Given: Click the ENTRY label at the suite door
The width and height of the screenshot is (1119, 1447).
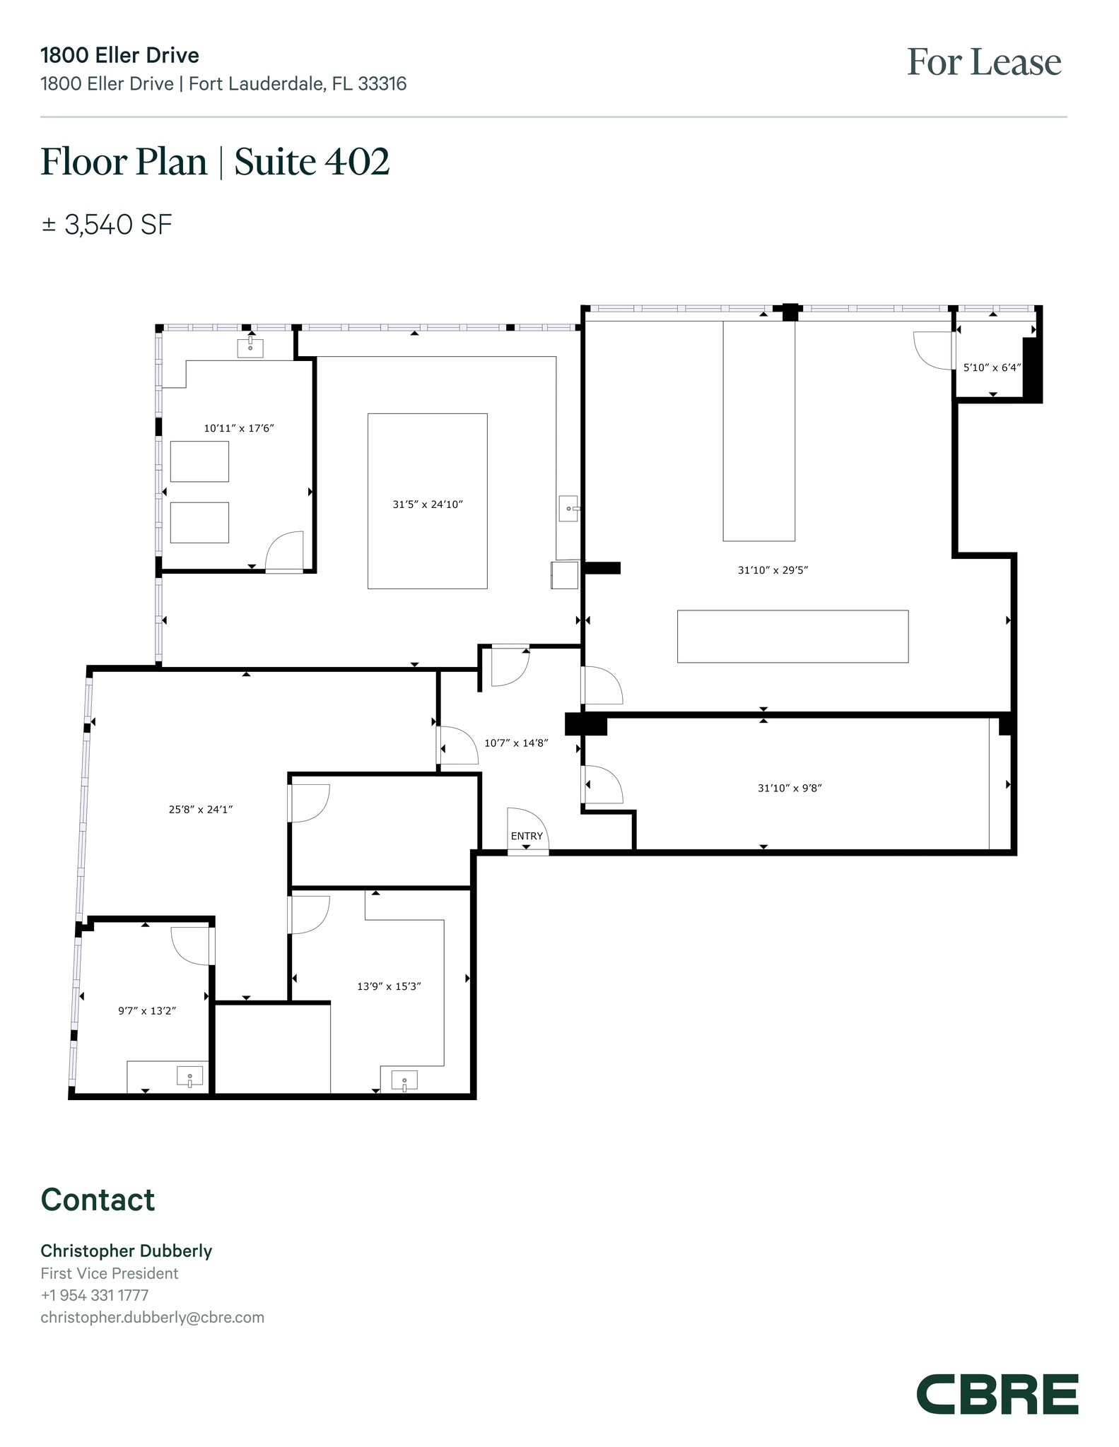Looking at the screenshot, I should coord(527,836).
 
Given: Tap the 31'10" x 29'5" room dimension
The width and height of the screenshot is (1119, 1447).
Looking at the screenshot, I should coord(773,570).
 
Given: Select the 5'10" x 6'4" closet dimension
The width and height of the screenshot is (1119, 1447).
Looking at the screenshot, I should coord(992,367).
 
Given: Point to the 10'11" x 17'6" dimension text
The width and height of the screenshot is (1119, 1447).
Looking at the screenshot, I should coord(238,428).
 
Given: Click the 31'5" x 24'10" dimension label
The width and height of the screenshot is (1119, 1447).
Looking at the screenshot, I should coord(428,504).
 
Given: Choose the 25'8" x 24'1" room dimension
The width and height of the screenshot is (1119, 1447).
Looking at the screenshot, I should coord(201,810).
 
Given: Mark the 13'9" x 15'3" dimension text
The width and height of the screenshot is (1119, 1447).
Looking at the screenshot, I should coord(389,986).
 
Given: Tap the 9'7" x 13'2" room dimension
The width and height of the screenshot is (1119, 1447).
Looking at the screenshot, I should coord(147,1011).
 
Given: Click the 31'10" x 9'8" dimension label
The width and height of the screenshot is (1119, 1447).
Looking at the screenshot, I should coord(790,788).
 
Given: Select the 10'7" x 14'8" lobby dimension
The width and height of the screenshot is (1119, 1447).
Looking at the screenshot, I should coord(516,743).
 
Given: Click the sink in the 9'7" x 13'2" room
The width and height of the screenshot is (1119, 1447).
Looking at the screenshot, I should coord(189,1077).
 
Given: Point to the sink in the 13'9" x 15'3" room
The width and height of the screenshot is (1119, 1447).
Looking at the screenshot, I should coord(404,1080).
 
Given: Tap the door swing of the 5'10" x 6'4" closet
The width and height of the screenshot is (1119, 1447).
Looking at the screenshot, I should coord(932,350).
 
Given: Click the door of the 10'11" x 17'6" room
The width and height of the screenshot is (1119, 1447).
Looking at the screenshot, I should coord(285,551).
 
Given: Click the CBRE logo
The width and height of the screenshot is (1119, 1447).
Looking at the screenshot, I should coord(997,1394).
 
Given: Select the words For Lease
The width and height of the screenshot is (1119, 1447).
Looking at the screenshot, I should coord(983,62).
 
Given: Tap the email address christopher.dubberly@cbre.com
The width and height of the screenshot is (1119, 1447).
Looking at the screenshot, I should coord(152,1317).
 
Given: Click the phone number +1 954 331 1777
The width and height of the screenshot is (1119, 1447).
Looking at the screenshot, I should coord(94,1295).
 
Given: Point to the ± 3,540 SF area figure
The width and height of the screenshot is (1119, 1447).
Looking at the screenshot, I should coord(107,225).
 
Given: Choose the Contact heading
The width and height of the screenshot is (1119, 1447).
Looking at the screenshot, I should coord(98,1200).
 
